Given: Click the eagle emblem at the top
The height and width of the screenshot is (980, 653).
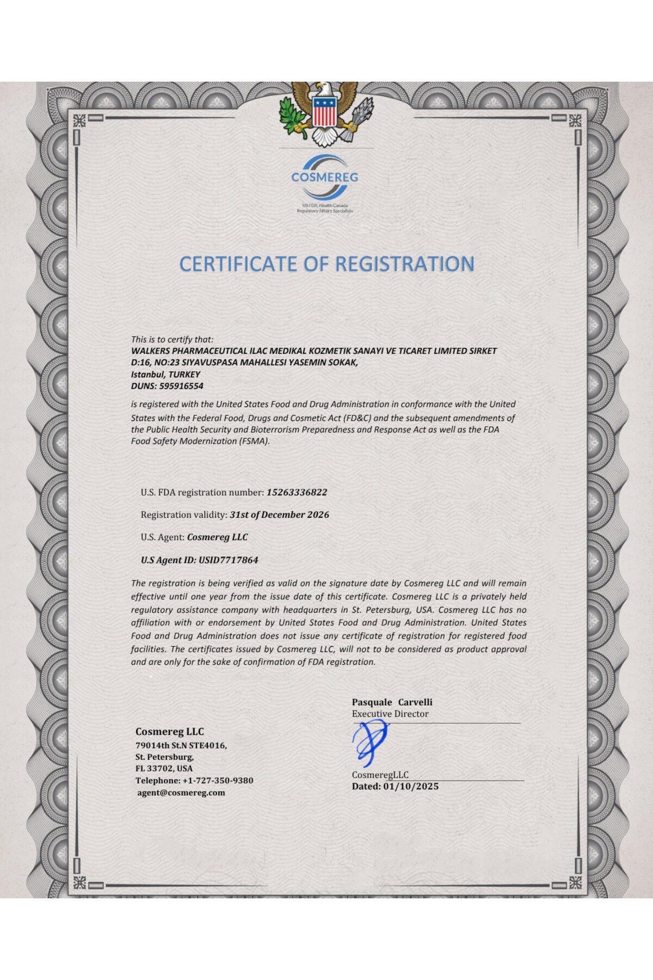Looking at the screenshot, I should tap(319, 113).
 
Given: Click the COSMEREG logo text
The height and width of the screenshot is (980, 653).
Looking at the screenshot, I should tap(324, 177).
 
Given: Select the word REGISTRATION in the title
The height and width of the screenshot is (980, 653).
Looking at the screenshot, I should tap(404, 264).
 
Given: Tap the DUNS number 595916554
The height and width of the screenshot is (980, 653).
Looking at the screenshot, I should tap(181, 386).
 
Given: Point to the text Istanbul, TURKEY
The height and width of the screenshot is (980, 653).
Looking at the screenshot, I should tap(165, 375).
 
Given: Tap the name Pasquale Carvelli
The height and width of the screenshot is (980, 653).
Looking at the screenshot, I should tap(392, 702).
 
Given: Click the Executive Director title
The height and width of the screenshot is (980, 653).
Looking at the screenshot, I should tap(390, 714).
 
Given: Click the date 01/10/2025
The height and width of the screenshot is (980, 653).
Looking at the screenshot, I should tap(411, 786).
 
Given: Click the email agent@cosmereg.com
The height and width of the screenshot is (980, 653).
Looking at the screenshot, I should tap(181, 793).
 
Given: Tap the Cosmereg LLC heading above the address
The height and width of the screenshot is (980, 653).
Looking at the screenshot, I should tap(169, 732).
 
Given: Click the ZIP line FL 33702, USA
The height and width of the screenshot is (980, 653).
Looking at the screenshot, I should tap(164, 769).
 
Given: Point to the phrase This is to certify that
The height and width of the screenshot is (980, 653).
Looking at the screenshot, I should tap(173, 339).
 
